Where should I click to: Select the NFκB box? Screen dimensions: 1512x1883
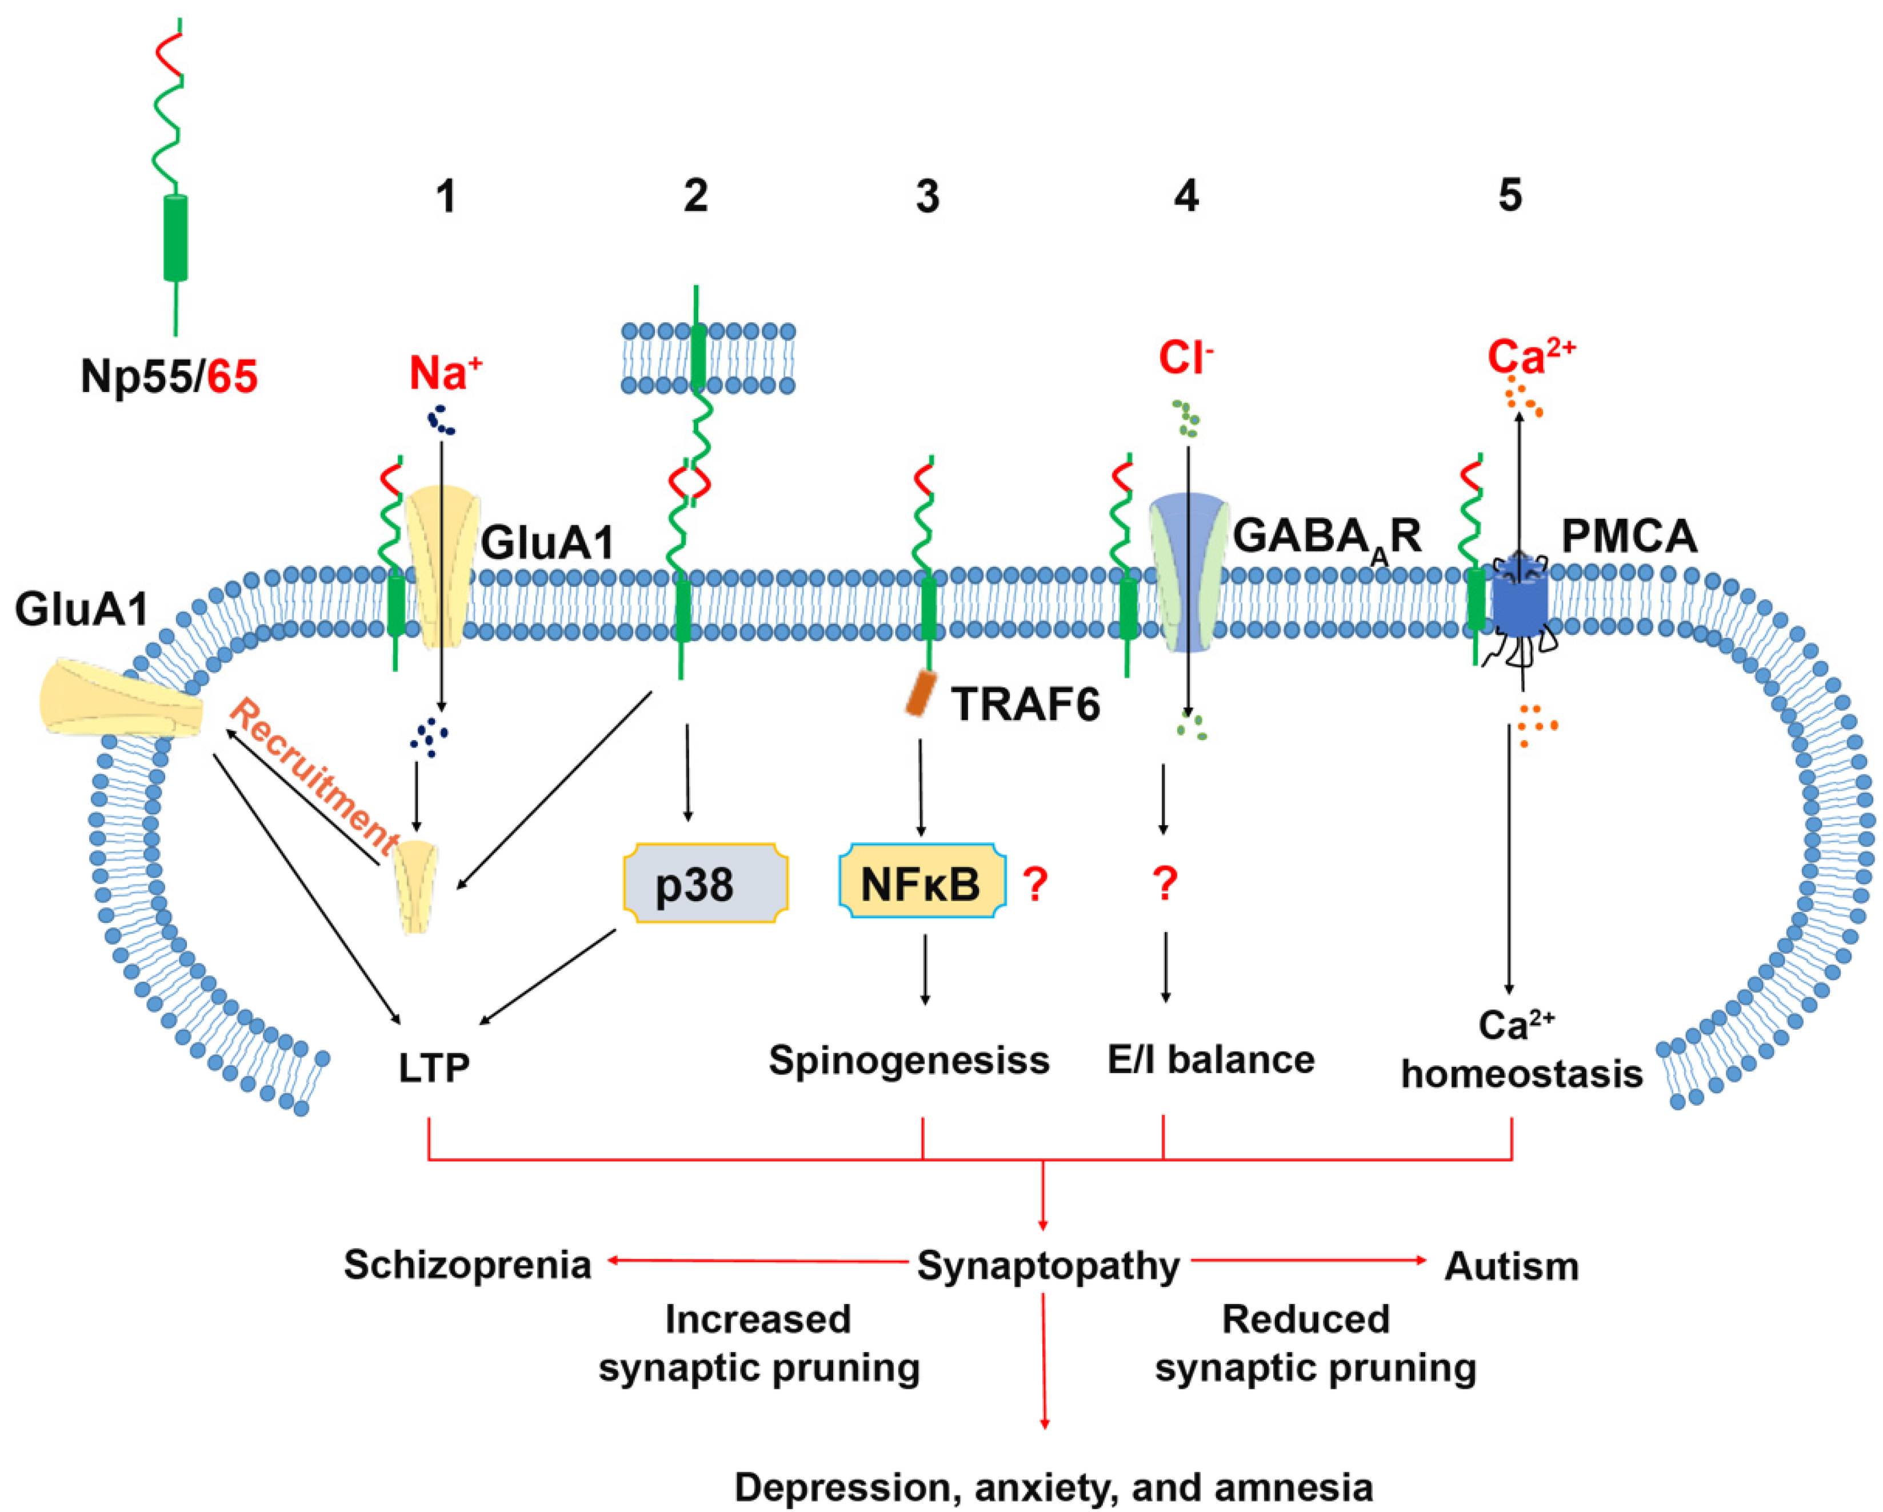pos(921,883)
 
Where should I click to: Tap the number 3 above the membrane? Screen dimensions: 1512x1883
pos(927,197)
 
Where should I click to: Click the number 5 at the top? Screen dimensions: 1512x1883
pos(1510,195)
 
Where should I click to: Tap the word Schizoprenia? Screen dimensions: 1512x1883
pos(467,1265)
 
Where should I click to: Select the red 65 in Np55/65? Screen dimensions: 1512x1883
pos(233,377)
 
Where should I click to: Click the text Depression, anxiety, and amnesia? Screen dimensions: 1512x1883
pos(1053,1486)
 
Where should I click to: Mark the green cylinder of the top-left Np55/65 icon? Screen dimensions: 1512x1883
pos(175,238)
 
